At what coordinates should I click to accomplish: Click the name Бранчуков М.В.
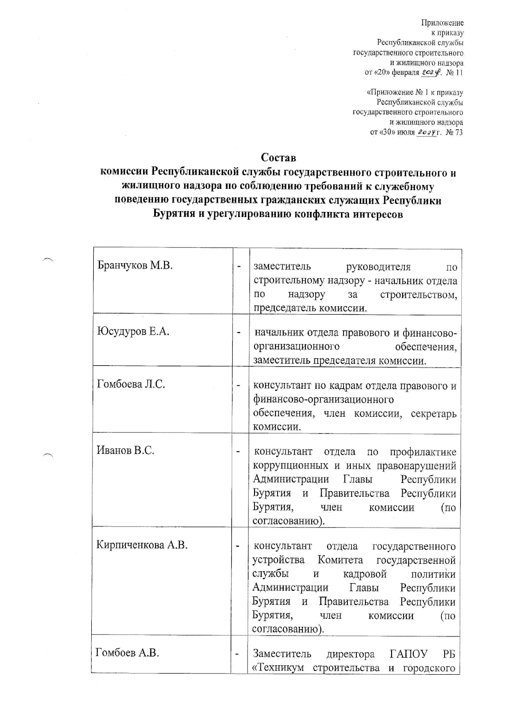[x=135, y=265]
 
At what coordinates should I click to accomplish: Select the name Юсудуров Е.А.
[x=133, y=331]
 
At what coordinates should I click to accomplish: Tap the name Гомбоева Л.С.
[x=131, y=384]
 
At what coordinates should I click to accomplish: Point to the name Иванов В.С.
[x=126, y=450]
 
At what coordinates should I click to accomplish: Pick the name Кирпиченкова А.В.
[x=142, y=545]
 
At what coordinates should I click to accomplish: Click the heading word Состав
[x=278, y=158]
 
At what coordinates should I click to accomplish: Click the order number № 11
[x=454, y=73]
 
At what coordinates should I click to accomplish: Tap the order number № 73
[x=454, y=132]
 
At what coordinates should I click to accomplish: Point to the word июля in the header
[x=406, y=132]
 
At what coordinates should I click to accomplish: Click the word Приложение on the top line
[x=443, y=23]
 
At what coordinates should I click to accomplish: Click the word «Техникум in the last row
[x=279, y=668]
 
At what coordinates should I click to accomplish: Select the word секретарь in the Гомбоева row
[x=433, y=414]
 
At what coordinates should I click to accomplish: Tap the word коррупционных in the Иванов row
[x=289, y=466]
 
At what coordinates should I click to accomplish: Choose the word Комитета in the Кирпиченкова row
[x=341, y=560]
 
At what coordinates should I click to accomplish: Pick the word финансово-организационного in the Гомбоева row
[x=323, y=400]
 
